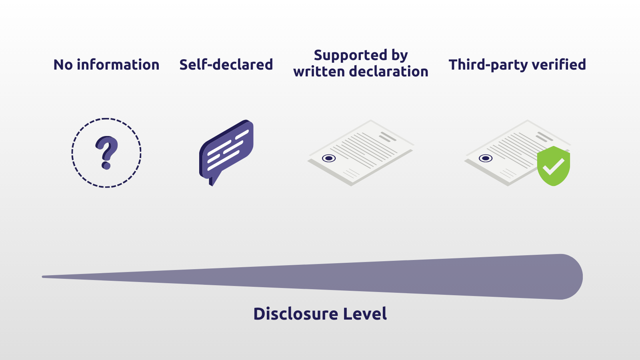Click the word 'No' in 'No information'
(63, 64)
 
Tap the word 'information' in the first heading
(118, 64)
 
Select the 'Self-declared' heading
(226, 64)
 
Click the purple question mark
(106, 152)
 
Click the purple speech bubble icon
(226, 152)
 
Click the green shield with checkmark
(554, 166)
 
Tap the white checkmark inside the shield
(554, 166)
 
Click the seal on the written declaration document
(329, 158)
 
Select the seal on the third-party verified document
(486, 158)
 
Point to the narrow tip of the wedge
(43, 276)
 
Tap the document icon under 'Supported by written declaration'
(360, 152)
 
